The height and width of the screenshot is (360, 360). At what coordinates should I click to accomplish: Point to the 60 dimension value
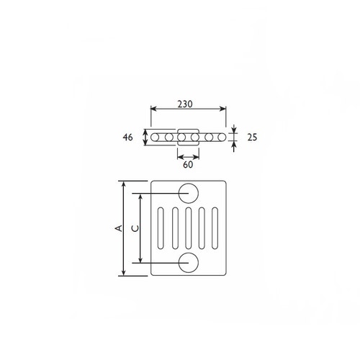click(188, 165)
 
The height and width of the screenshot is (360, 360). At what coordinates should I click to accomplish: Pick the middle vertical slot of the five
click(189, 228)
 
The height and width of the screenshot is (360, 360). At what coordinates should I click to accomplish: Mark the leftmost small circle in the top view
click(156, 137)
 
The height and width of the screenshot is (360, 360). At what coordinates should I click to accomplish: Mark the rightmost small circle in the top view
click(221, 137)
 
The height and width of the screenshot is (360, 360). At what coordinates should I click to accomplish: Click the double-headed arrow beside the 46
click(145, 137)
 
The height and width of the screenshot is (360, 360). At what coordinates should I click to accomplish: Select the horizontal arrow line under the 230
click(188, 110)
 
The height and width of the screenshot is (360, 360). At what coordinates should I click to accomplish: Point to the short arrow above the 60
click(188, 156)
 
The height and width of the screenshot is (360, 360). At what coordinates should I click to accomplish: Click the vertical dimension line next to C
click(140, 228)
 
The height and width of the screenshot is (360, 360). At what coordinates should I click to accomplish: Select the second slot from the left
click(174, 228)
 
